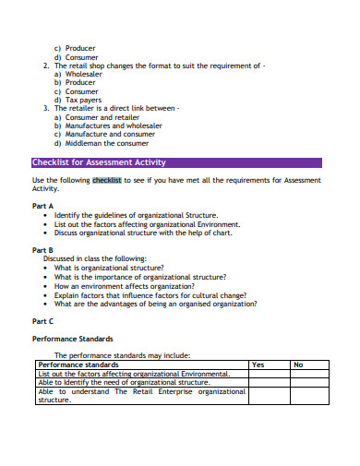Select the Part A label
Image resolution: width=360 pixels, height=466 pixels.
43,206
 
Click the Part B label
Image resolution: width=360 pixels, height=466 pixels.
43,250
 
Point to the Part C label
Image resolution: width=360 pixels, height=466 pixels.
43,320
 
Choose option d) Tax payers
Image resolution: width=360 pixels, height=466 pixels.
78,100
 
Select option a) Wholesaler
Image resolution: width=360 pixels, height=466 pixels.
78,75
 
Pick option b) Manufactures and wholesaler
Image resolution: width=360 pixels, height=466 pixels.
108,125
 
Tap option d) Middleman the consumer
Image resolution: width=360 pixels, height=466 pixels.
103,143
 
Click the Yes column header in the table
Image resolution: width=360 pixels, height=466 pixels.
258,364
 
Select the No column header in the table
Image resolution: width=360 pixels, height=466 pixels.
298,364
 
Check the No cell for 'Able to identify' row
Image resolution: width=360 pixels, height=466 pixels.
311,382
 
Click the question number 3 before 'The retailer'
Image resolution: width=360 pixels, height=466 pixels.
46,109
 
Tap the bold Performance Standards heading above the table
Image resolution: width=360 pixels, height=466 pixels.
73,339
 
